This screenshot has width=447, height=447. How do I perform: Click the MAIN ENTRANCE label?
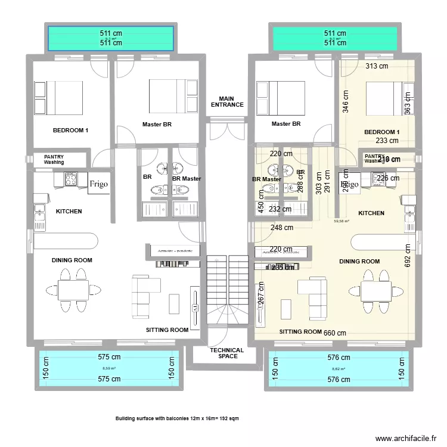[227, 102]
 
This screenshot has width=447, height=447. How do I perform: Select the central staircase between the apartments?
[227, 292]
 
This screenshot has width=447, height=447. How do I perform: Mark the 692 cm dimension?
[408, 255]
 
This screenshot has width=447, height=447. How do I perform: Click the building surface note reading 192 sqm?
[178, 418]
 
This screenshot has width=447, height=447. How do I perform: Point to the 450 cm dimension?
[260, 207]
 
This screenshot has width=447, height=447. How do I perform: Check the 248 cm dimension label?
[281, 227]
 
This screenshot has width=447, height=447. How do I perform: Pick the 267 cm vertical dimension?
[260, 296]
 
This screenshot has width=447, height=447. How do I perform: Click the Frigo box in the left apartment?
[98, 184]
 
